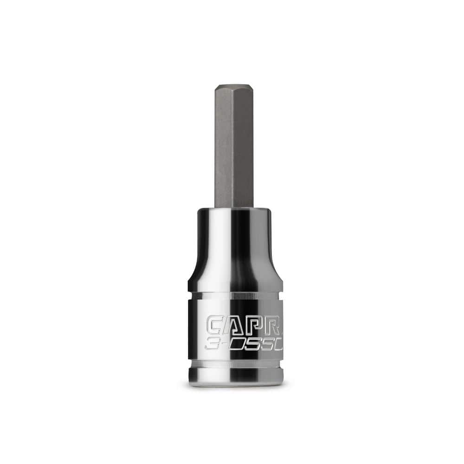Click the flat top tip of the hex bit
point(234,86)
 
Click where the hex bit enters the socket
point(234,207)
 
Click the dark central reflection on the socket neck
point(239,251)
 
